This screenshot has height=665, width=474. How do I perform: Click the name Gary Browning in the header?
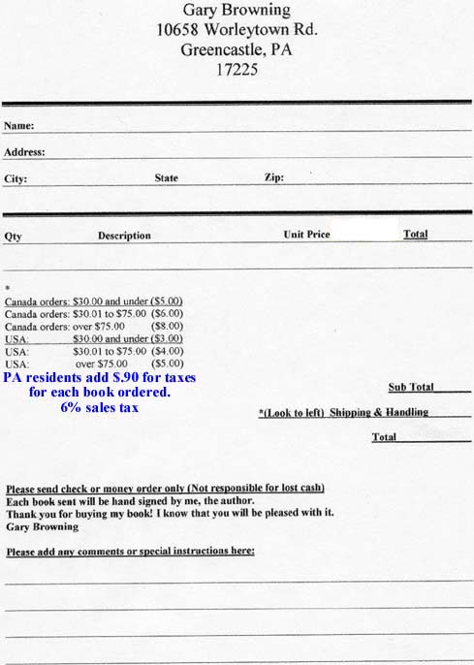[237, 11]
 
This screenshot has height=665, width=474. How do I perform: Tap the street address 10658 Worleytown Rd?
[237, 30]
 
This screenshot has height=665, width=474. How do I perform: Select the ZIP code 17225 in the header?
[237, 69]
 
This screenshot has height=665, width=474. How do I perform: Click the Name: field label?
[19, 126]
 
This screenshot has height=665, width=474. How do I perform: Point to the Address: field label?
[24, 152]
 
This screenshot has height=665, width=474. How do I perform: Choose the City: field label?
[16, 179]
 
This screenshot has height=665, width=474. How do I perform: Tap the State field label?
[167, 178]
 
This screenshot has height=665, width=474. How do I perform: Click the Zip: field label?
[273, 178]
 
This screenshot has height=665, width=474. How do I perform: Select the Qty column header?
[14, 236]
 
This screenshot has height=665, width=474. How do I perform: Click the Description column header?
[124, 236]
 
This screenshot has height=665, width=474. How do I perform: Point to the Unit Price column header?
[306, 235]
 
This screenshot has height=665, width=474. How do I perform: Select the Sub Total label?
[411, 387]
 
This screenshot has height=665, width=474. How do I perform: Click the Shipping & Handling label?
[378, 412]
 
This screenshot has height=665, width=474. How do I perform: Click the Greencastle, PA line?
[237, 49]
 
